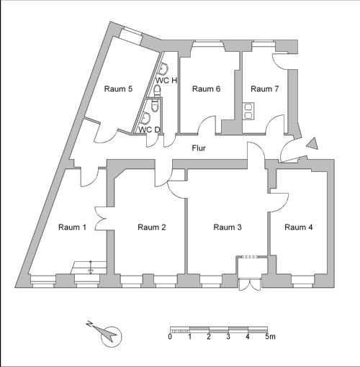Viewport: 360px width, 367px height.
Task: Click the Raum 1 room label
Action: click(x=72, y=227)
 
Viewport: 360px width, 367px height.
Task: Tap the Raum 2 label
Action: click(x=152, y=227)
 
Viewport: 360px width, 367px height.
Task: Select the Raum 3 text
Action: click(x=228, y=227)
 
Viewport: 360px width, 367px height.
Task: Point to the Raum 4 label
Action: click(x=299, y=227)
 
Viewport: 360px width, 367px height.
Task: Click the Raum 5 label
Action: click(x=118, y=89)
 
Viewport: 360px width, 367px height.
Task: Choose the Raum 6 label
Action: click(x=207, y=89)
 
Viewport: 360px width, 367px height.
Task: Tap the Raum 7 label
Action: click(x=265, y=89)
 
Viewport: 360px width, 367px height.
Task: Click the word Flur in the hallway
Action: click(x=199, y=148)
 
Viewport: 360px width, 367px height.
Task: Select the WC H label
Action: click(x=166, y=81)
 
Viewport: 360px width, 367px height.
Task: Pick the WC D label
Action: click(x=149, y=130)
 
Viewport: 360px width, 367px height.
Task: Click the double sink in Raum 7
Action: click(x=248, y=111)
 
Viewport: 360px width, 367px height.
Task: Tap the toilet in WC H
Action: click(x=157, y=91)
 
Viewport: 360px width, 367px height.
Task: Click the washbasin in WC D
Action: click(x=145, y=118)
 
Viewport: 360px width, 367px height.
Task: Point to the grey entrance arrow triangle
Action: click(x=312, y=144)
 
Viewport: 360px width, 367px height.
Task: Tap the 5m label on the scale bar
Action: click(x=270, y=337)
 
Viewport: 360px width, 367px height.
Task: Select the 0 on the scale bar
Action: click(x=170, y=337)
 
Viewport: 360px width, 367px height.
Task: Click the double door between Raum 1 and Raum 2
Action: click(x=101, y=219)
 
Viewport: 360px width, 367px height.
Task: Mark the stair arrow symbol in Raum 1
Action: click(x=91, y=267)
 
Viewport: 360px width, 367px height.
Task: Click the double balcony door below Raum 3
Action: click(x=250, y=285)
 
